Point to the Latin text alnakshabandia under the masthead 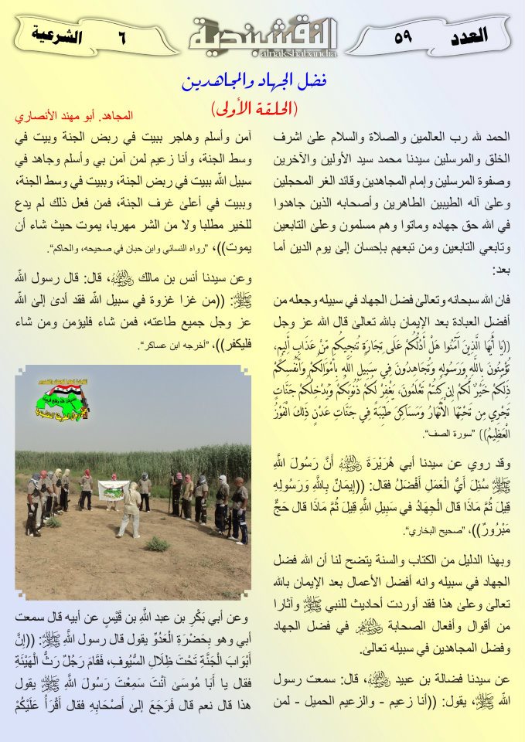point(264,55)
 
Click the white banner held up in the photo point(114,489)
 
